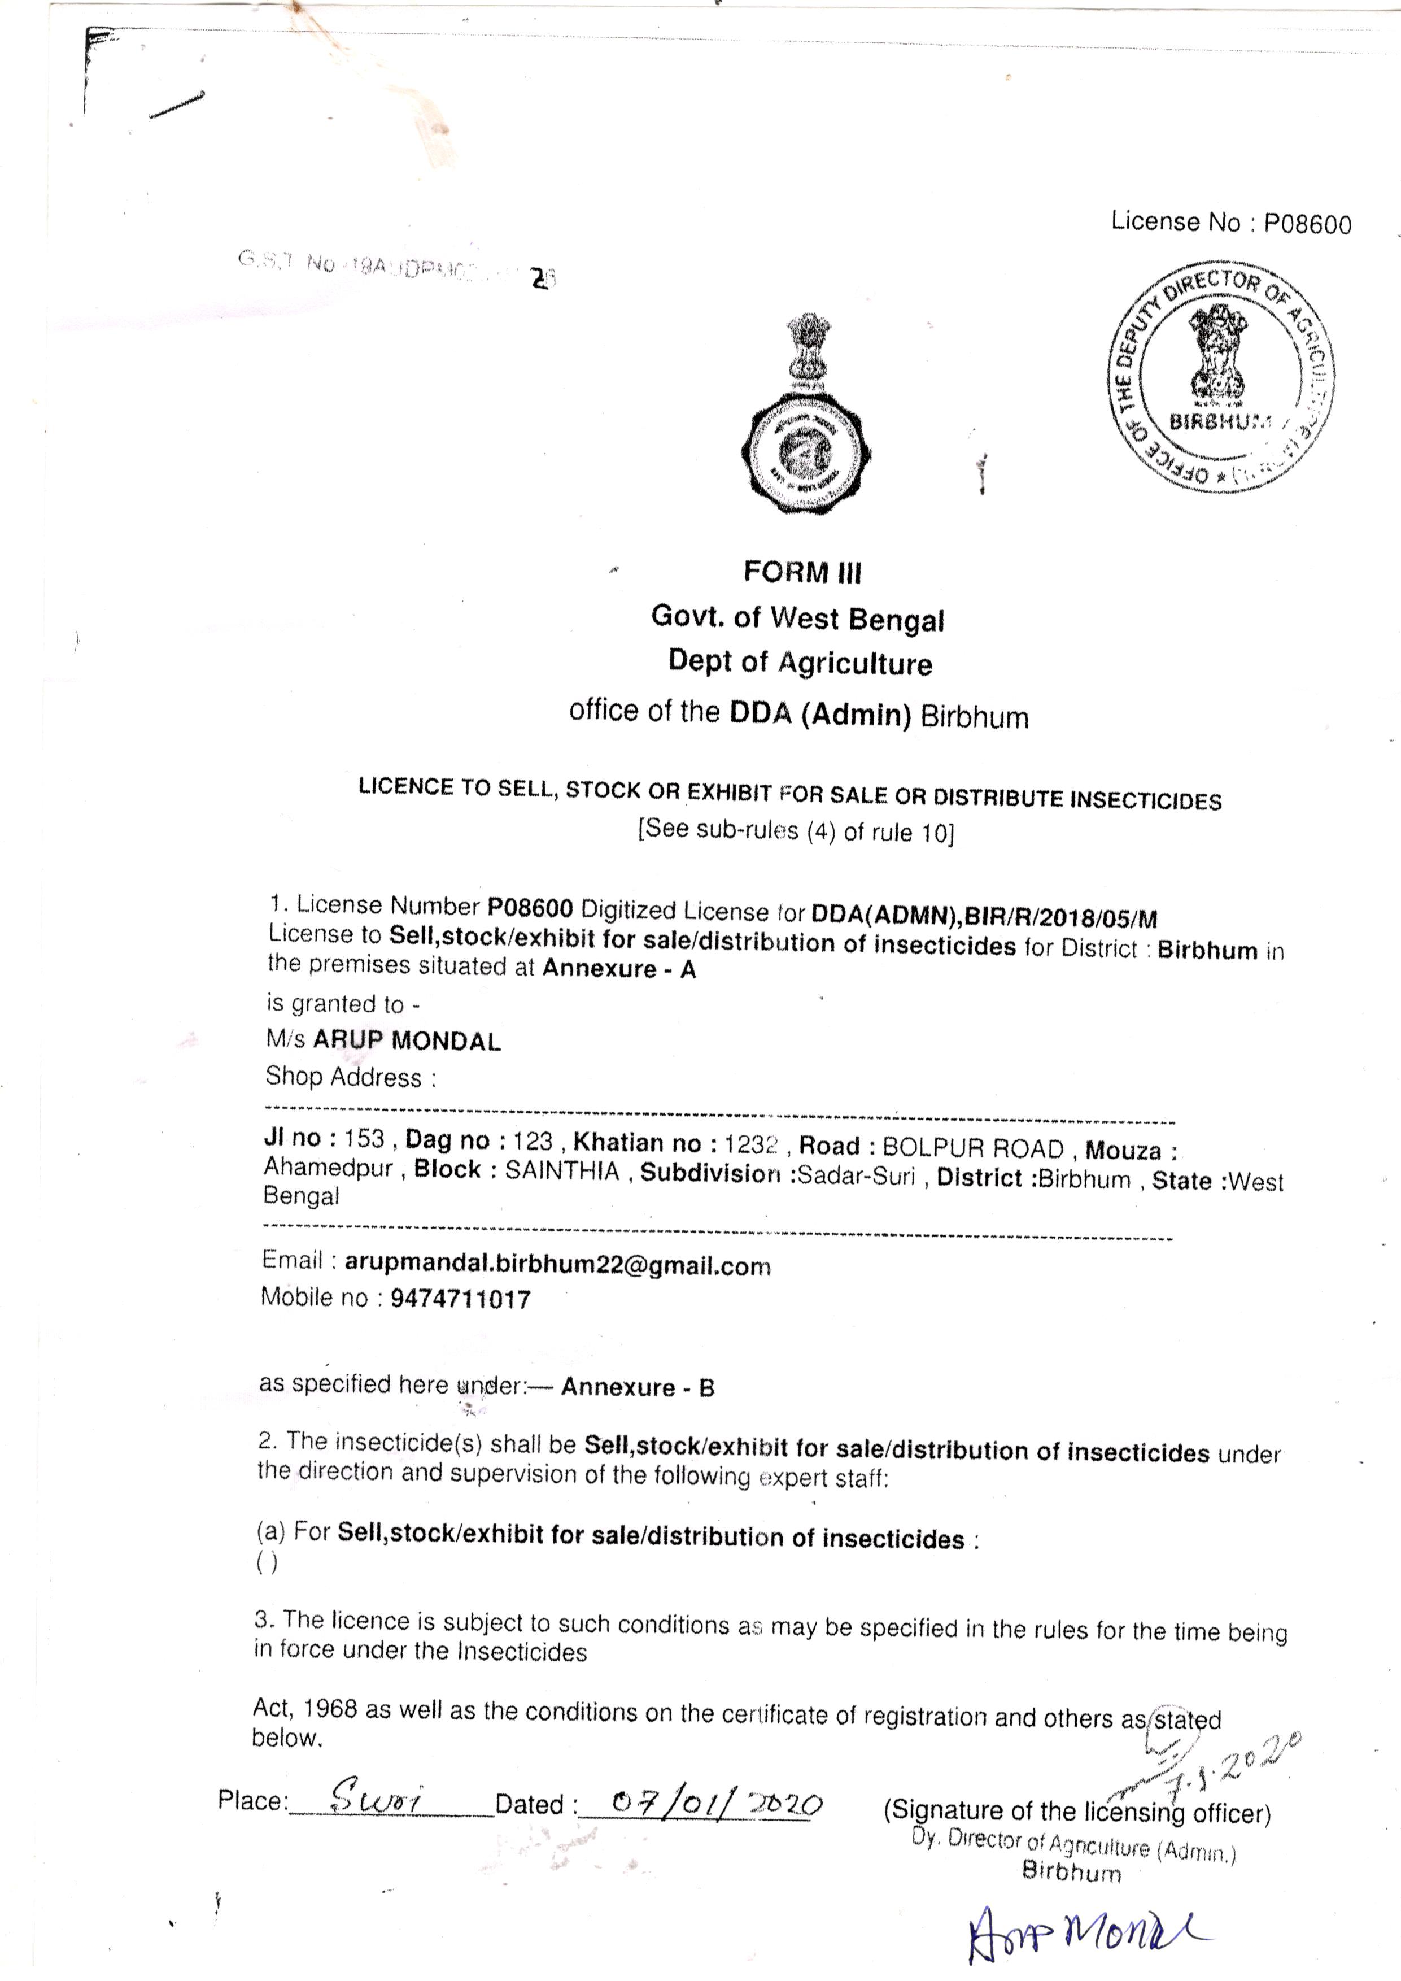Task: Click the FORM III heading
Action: [802, 572]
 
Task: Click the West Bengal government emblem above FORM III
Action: [806, 415]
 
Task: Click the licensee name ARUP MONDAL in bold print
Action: [407, 1040]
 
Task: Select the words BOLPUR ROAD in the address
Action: [973, 1148]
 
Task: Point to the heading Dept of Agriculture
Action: [800, 662]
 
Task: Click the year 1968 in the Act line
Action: [330, 1708]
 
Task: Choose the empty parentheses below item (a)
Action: [267, 1562]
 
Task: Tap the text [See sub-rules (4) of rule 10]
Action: [796, 831]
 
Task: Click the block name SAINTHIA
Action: [562, 1171]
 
